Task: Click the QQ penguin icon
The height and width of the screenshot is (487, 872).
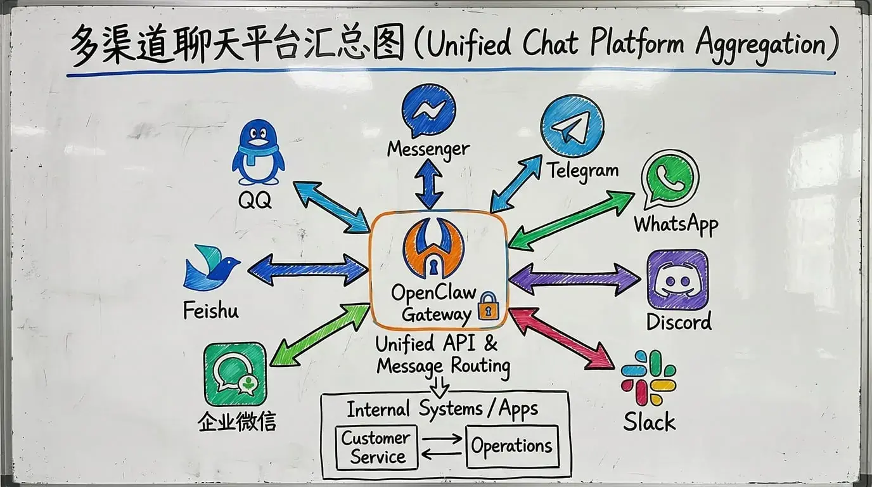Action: click(x=257, y=155)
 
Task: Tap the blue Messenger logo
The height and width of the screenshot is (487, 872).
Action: click(x=428, y=111)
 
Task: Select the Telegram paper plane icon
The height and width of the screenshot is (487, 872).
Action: click(x=572, y=126)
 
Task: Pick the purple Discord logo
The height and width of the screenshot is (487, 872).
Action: click(x=677, y=280)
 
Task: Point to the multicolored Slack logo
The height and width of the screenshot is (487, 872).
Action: click(x=648, y=378)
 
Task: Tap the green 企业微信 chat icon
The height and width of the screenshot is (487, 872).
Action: click(x=234, y=373)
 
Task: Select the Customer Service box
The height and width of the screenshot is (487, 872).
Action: click(x=376, y=447)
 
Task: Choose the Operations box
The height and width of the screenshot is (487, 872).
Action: click(x=512, y=446)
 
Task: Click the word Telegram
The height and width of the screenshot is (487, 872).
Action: click(x=582, y=171)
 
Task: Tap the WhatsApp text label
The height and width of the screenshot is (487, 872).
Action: click(x=676, y=224)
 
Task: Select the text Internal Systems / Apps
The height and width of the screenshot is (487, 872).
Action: click(x=442, y=409)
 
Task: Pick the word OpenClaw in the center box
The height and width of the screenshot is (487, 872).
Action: click(x=433, y=292)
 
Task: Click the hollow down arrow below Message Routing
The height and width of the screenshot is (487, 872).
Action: click(x=439, y=385)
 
